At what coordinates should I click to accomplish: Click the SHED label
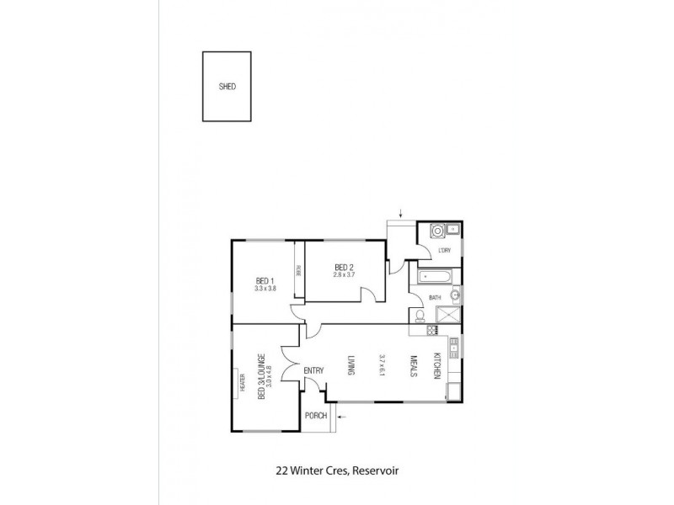point(227,87)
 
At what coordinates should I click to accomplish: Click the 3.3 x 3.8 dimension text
point(265,289)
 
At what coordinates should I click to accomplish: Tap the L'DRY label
point(444,251)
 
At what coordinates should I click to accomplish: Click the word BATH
point(435,297)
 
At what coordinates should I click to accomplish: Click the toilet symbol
point(419,316)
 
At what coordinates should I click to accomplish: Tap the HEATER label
point(242,383)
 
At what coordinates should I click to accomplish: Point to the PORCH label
point(316,415)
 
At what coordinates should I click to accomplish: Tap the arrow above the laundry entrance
point(402,213)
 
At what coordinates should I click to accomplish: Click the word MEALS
point(414,368)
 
